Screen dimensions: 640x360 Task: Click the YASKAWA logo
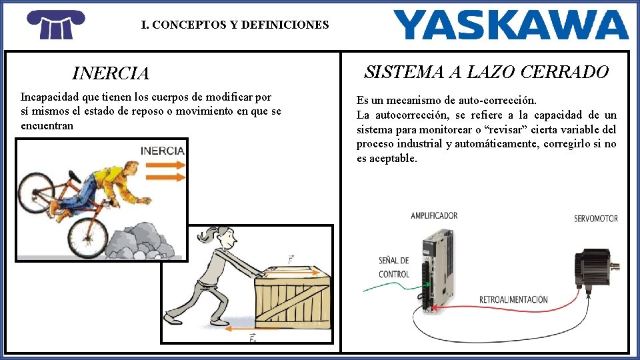click(511, 25)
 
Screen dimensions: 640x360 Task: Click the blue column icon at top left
click(56, 25)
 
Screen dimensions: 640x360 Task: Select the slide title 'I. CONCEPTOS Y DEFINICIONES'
click(235, 25)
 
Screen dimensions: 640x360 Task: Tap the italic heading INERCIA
click(111, 73)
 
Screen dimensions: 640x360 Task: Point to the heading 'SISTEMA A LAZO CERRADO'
click(486, 72)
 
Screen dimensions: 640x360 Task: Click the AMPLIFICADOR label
click(434, 215)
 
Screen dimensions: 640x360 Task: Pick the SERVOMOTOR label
click(596, 219)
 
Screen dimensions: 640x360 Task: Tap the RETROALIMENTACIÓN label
click(513, 299)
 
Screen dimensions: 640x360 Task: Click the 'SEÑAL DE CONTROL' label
click(394, 267)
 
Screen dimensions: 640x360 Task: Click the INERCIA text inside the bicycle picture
click(162, 151)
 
